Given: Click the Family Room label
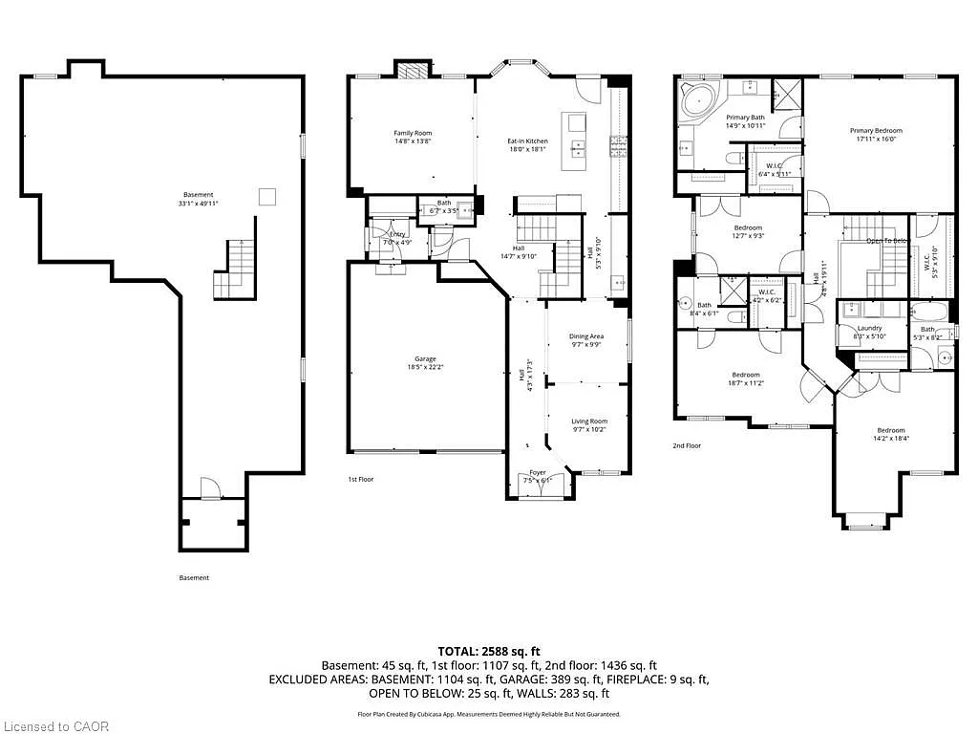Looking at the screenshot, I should pyautogui.click(x=413, y=133).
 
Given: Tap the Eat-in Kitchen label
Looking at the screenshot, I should pyautogui.click(x=527, y=141).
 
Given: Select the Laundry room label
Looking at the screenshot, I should pyautogui.click(x=869, y=328).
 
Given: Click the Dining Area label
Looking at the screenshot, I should pyautogui.click(x=586, y=336).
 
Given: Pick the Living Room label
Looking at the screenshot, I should pyautogui.click(x=589, y=421).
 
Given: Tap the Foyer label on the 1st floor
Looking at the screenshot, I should pyautogui.click(x=539, y=472).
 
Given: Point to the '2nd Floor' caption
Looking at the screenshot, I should pyautogui.click(x=686, y=445).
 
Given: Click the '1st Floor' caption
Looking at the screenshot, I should pyautogui.click(x=361, y=478).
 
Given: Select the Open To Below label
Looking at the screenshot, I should pyautogui.click(x=884, y=241).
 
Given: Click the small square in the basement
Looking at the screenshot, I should pyautogui.click(x=268, y=195).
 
